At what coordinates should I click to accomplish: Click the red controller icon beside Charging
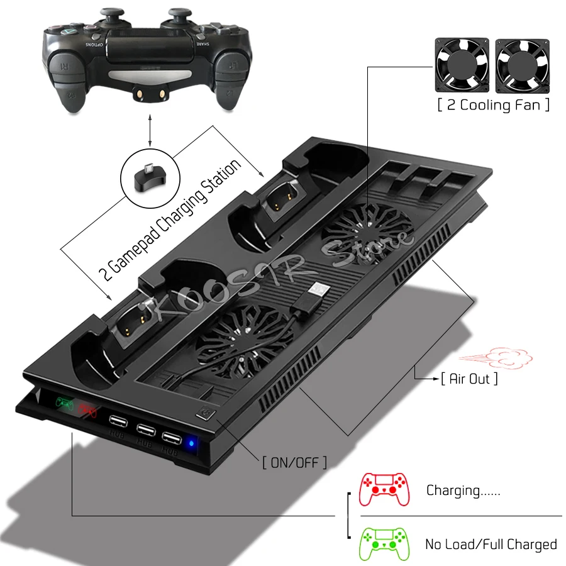click(383, 489)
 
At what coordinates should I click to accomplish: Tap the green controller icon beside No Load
click(383, 541)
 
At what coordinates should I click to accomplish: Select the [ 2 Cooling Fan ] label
click(494, 104)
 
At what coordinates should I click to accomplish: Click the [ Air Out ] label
click(469, 378)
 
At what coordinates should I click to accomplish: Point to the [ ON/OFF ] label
click(294, 463)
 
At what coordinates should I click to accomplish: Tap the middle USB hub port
click(145, 430)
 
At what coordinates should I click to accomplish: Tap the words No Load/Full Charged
click(491, 544)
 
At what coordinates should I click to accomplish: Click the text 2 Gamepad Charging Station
click(170, 219)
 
